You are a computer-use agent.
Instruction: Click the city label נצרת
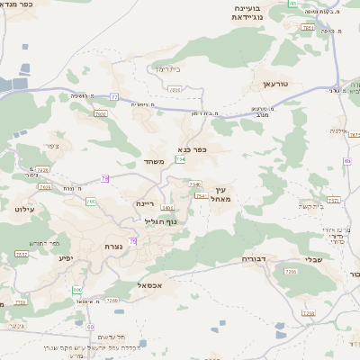click(x=126, y=247)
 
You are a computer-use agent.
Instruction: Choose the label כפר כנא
click(x=193, y=150)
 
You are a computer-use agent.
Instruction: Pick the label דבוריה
click(x=255, y=259)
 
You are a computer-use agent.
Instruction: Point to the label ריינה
click(x=147, y=204)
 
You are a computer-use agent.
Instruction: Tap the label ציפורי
click(x=50, y=145)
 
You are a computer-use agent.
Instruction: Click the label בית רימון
click(x=168, y=69)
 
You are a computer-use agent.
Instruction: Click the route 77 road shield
click(x=114, y=95)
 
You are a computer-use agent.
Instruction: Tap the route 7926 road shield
click(x=42, y=169)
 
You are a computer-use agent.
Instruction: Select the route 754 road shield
click(x=181, y=159)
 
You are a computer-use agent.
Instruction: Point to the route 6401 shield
click(x=167, y=208)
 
